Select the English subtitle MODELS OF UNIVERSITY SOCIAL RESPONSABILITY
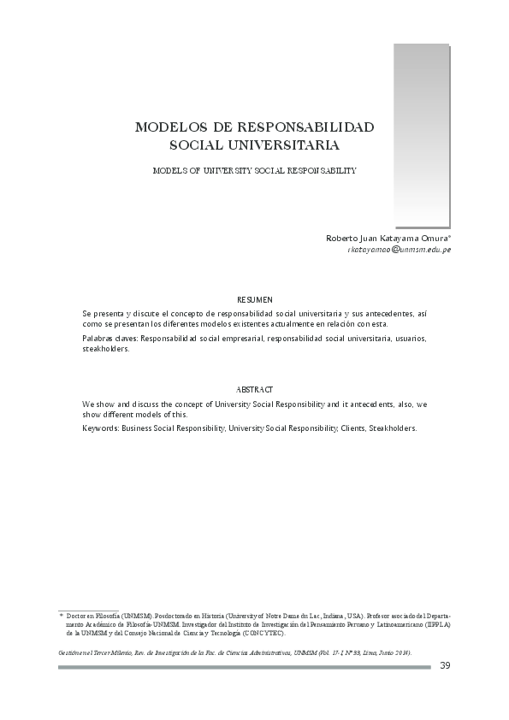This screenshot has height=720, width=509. pyautogui.click(x=254, y=170)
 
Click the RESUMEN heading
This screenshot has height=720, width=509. pyautogui.click(x=254, y=299)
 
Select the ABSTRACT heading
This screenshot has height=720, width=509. pyautogui.click(x=254, y=389)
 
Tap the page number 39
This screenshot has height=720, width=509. pyautogui.click(x=444, y=666)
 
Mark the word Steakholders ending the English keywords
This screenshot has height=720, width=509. pyautogui.click(x=392, y=428)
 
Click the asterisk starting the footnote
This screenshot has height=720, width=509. pyautogui.click(x=61, y=615)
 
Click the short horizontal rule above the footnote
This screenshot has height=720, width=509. pyautogui.click(x=88, y=610)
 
